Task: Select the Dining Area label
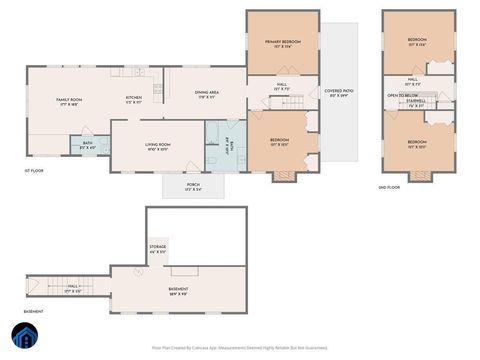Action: [207, 95]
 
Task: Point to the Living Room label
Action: [158, 147]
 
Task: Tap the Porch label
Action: [193, 186]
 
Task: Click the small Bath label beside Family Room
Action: [88, 145]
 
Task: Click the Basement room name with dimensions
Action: [177, 291]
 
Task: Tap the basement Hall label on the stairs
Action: [73, 290]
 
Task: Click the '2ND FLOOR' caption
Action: [389, 187]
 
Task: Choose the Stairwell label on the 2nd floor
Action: [416, 102]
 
